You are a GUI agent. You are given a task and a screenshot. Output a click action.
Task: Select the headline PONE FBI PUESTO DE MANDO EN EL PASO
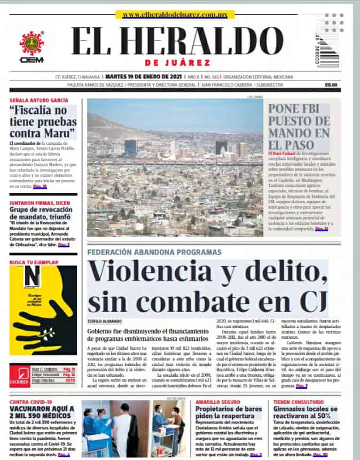(x=299, y=126)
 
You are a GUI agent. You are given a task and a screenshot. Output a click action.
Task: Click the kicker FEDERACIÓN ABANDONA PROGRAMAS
(x=154, y=252)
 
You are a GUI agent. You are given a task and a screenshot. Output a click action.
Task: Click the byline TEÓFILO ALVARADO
(x=105, y=321)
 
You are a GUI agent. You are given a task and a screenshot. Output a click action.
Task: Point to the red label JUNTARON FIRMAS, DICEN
(x=38, y=203)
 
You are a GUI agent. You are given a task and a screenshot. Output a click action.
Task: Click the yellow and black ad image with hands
(x=43, y=310)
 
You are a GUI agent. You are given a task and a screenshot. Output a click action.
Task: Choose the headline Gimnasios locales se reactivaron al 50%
(x=305, y=412)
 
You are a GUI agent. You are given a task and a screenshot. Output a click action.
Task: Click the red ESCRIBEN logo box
(x=19, y=376)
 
